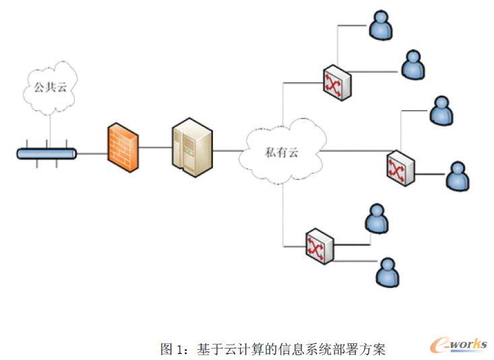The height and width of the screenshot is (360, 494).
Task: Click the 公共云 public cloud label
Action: click(x=51, y=87)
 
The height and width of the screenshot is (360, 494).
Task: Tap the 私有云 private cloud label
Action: click(x=281, y=152)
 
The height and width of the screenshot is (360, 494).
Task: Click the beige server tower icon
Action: click(x=191, y=148)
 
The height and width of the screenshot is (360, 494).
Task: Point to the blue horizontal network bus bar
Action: click(x=47, y=154)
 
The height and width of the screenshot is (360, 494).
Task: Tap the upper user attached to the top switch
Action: click(x=380, y=25)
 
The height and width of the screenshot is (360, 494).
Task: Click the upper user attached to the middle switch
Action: click(x=441, y=111)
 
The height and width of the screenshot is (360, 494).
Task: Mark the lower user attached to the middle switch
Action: click(x=458, y=176)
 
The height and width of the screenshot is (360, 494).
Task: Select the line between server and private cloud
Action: click(x=229, y=150)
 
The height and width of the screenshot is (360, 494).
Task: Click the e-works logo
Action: click(x=458, y=345)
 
